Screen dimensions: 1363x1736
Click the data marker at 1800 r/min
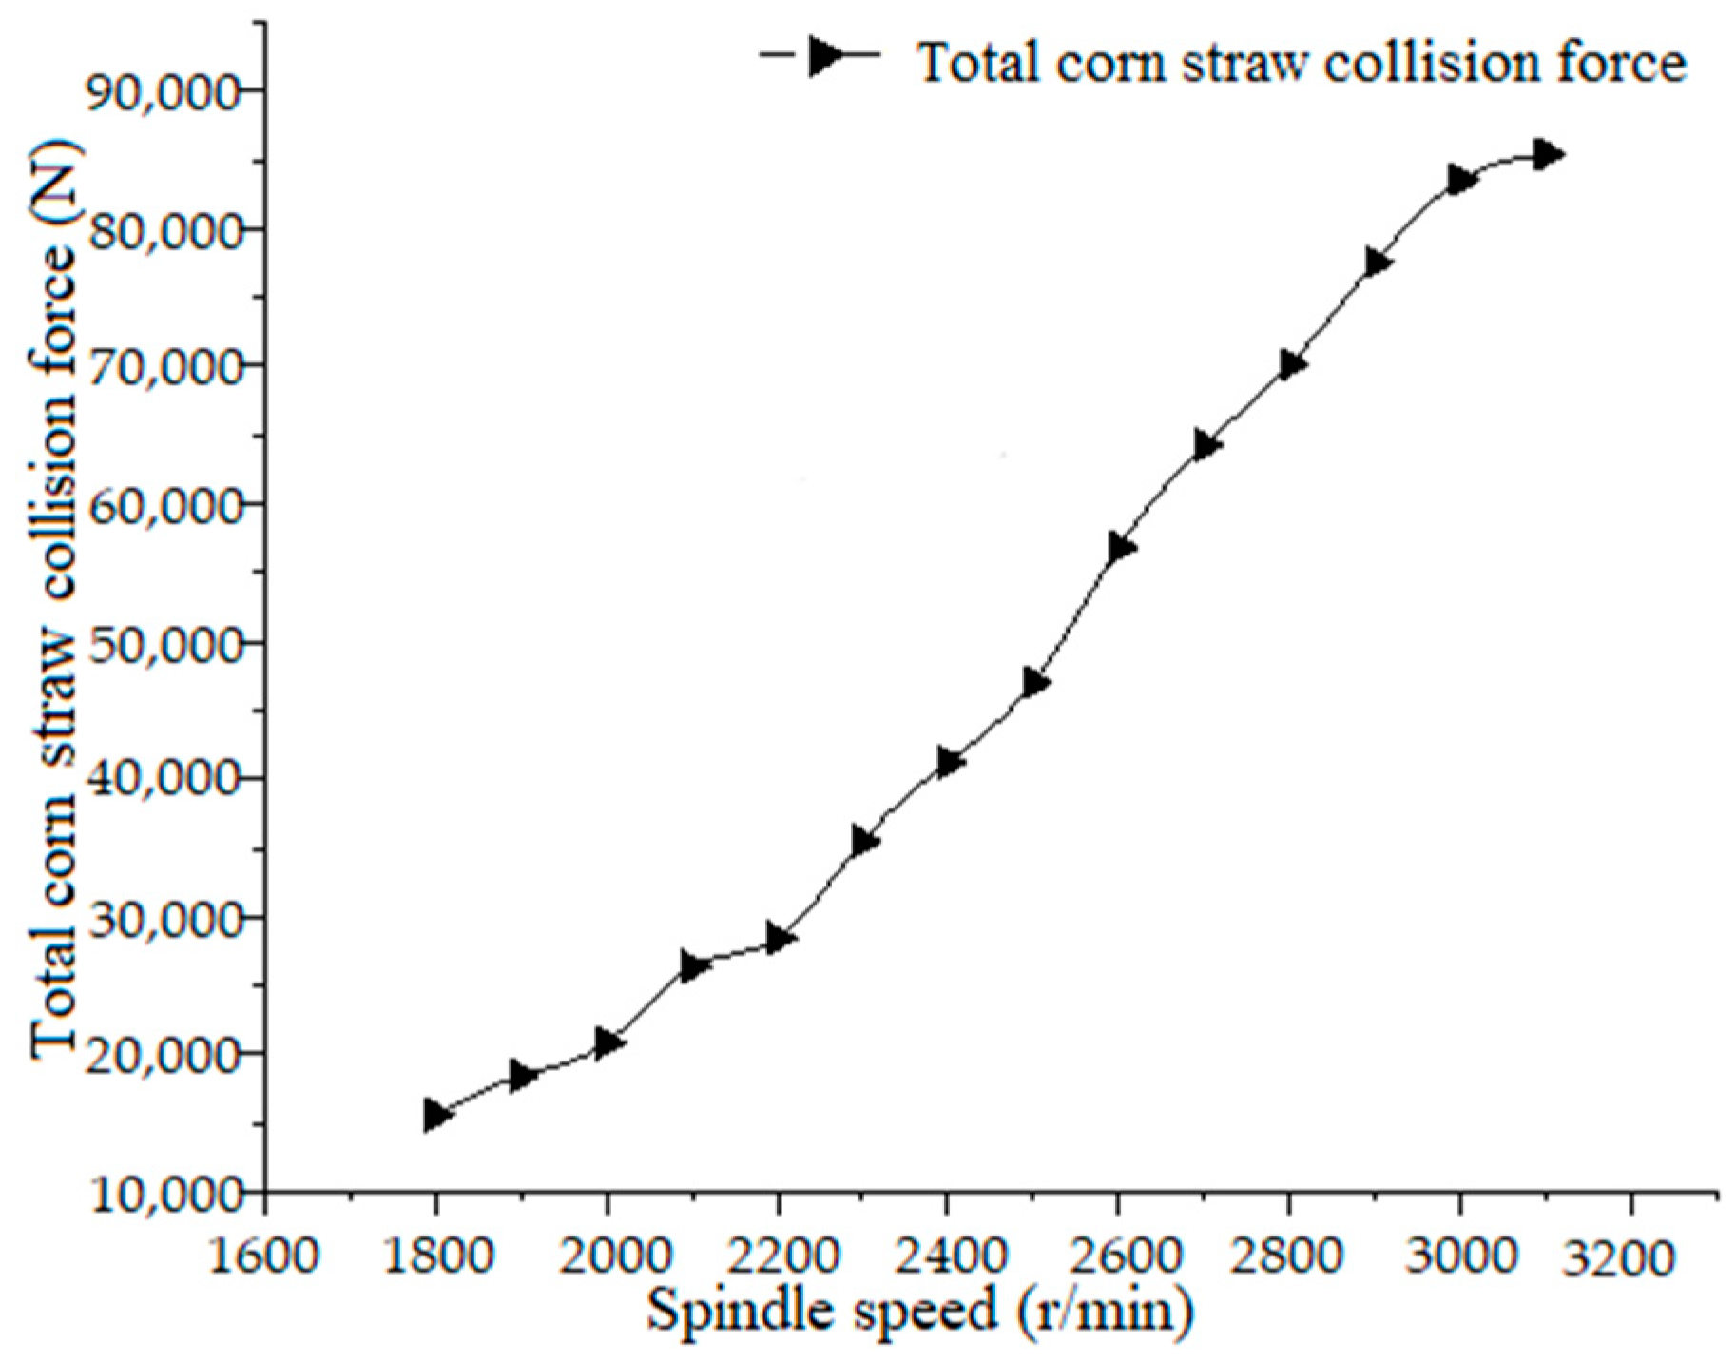pos(436,1114)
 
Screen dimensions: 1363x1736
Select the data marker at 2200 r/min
pos(780,939)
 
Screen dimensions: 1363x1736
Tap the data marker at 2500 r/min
pos(1035,682)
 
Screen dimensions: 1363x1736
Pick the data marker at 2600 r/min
pos(1121,547)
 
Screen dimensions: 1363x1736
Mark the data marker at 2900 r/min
pos(1377,263)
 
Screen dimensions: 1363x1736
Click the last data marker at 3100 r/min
pos(1548,153)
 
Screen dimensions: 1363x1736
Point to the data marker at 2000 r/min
pos(608,1042)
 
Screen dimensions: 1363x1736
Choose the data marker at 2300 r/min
pos(864,841)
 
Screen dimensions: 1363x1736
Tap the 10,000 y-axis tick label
pos(162,1195)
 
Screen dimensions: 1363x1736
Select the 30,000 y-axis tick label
pos(162,920)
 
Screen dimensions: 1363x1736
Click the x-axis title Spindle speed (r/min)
pos(919,1311)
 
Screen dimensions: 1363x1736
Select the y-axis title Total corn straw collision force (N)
pos(54,599)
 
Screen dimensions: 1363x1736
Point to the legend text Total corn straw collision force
pos(1301,63)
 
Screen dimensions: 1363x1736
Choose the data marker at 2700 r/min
pos(1206,444)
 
